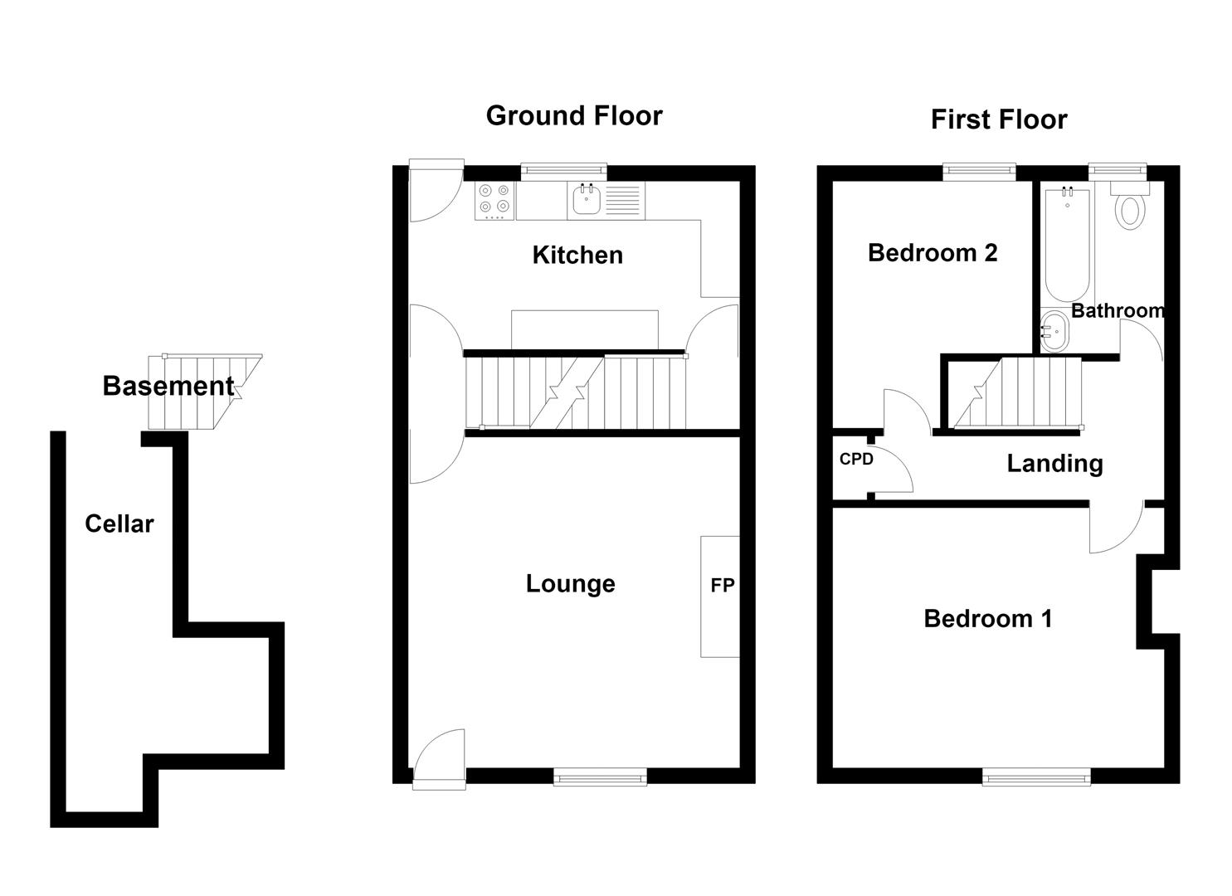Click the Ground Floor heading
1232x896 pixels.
tap(574, 116)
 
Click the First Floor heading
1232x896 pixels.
tap(999, 120)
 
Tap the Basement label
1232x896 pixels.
tap(168, 386)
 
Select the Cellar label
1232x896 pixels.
tap(119, 523)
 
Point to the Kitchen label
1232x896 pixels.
tap(577, 256)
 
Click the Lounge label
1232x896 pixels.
tap(570, 583)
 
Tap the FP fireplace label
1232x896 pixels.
tap(722, 585)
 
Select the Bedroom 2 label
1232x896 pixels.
tap(933, 253)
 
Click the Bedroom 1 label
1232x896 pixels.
tap(988, 619)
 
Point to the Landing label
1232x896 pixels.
tap(1055, 465)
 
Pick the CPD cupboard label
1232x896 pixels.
tap(856, 459)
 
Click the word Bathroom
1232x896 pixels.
tap(1118, 311)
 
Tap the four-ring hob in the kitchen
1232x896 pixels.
tap(494, 201)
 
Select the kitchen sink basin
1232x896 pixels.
tap(587, 200)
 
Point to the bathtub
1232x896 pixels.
tap(1067, 246)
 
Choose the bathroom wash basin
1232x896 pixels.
tap(1054, 331)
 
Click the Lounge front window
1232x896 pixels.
tap(600, 777)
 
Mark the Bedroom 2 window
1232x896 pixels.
tap(979, 173)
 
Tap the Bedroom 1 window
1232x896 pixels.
tap(1036, 777)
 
